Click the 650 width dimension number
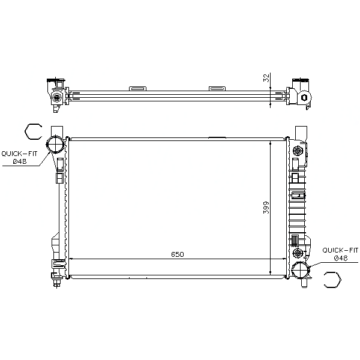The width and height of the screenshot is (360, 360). click(177, 254)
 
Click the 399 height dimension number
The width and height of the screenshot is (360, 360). click(266, 208)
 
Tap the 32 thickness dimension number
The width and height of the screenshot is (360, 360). click(266, 78)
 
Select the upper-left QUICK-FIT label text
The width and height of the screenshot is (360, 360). click(19, 154)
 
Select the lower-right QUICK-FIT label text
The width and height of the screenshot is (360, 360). click(340, 250)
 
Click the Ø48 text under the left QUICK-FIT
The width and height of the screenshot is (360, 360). click(20, 161)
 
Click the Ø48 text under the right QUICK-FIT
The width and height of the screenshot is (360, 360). click(341, 258)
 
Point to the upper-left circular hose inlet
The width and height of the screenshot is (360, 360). click(55, 144)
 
